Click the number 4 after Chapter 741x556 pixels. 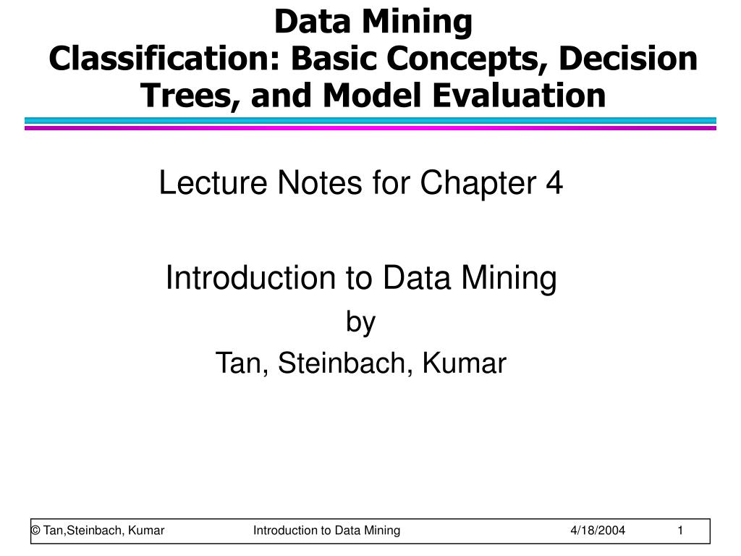pos(555,183)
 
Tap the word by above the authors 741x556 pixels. pos(361,322)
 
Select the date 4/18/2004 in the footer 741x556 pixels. pos(598,531)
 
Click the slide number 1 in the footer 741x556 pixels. pos(680,531)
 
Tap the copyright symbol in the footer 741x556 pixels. pos(35,531)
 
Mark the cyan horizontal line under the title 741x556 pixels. pos(370,121)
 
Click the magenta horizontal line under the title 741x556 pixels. pos(370,128)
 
